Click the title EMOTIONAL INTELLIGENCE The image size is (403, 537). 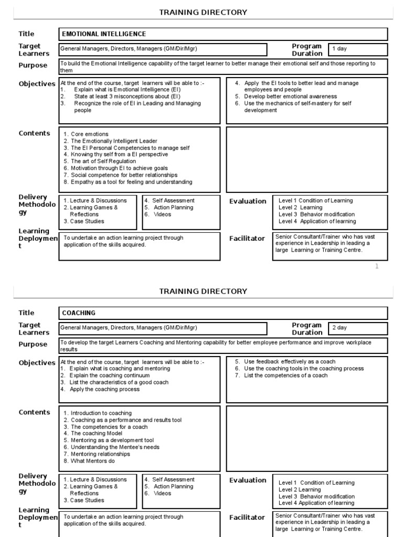[x=104, y=34]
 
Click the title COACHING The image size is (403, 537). [x=79, y=313]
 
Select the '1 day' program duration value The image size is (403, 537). [x=340, y=49]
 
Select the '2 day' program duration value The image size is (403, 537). [x=340, y=328]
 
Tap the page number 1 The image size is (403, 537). [x=376, y=266]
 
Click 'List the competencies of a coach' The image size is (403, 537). [x=285, y=375]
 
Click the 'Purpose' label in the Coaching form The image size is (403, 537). [x=33, y=345]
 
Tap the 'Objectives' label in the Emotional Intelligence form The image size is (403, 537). [x=37, y=84]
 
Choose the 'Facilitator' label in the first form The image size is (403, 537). [x=247, y=239]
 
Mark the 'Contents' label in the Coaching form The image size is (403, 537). [x=35, y=412]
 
